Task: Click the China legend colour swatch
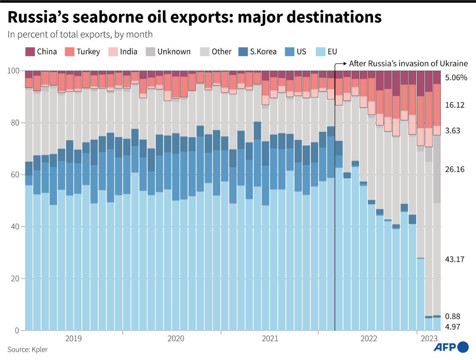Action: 30,52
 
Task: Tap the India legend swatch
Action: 113,52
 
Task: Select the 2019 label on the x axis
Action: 73,338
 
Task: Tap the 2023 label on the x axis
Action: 429,338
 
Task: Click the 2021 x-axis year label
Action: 270,338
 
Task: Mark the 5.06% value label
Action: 456,78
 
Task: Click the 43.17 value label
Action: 454,259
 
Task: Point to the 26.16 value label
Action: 454,169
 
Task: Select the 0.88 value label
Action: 452,317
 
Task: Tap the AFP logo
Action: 451,347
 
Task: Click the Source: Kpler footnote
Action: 28,350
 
